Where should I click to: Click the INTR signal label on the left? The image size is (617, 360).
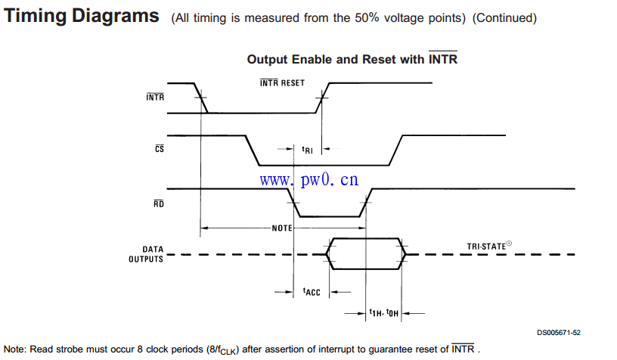click(155, 97)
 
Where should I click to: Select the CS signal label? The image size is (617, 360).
click(160, 148)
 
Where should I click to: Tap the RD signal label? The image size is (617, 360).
click(159, 203)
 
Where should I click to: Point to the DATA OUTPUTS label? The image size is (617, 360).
click(146, 254)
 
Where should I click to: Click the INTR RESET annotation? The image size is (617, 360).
click(282, 82)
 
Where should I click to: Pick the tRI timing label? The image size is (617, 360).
click(307, 150)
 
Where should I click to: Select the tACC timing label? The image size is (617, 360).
click(312, 291)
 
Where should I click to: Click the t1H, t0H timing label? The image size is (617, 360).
click(384, 313)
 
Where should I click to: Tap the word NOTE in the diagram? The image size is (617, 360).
click(282, 228)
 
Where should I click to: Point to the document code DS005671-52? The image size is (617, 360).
click(559, 333)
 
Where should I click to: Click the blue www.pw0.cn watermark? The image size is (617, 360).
click(309, 180)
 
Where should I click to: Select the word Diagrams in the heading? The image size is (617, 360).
click(115, 16)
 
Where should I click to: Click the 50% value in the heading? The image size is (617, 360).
click(367, 17)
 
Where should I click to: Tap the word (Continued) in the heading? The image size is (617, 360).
click(504, 18)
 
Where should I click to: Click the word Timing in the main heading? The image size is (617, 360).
click(35, 17)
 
